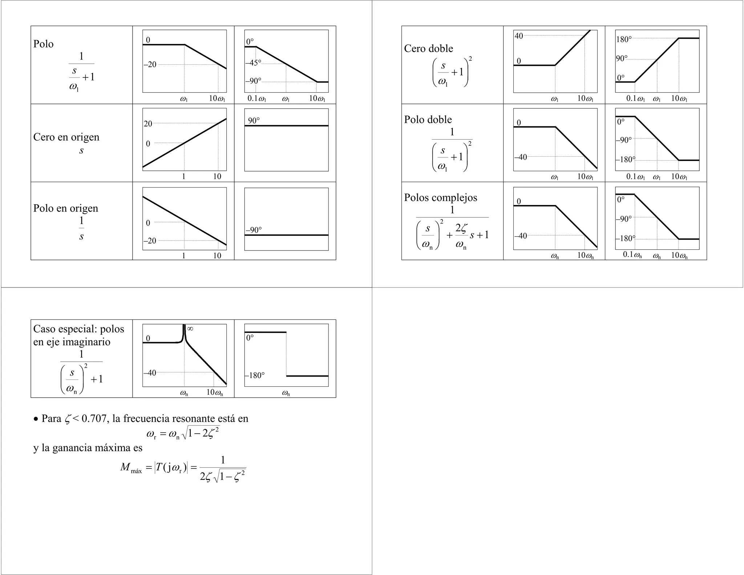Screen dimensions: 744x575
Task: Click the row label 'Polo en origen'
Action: (66, 208)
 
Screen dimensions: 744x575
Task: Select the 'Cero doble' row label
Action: (428, 49)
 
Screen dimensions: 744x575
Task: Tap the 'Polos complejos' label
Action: (441, 198)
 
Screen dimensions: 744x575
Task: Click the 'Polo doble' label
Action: (428, 120)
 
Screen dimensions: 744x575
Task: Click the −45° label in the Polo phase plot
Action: (253, 63)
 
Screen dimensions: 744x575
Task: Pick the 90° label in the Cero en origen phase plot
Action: (254, 120)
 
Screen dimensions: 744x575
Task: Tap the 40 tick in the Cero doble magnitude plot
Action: (519, 36)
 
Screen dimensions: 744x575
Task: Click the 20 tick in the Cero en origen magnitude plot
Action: (148, 124)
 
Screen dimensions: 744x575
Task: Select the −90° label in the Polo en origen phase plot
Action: (254, 230)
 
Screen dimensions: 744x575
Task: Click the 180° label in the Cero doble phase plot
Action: (623, 39)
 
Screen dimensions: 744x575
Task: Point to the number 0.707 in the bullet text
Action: (94, 419)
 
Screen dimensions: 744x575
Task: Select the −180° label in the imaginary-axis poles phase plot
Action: (255, 375)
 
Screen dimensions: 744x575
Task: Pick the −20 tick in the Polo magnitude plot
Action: (150, 65)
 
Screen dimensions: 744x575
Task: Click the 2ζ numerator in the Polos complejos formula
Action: (461, 228)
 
